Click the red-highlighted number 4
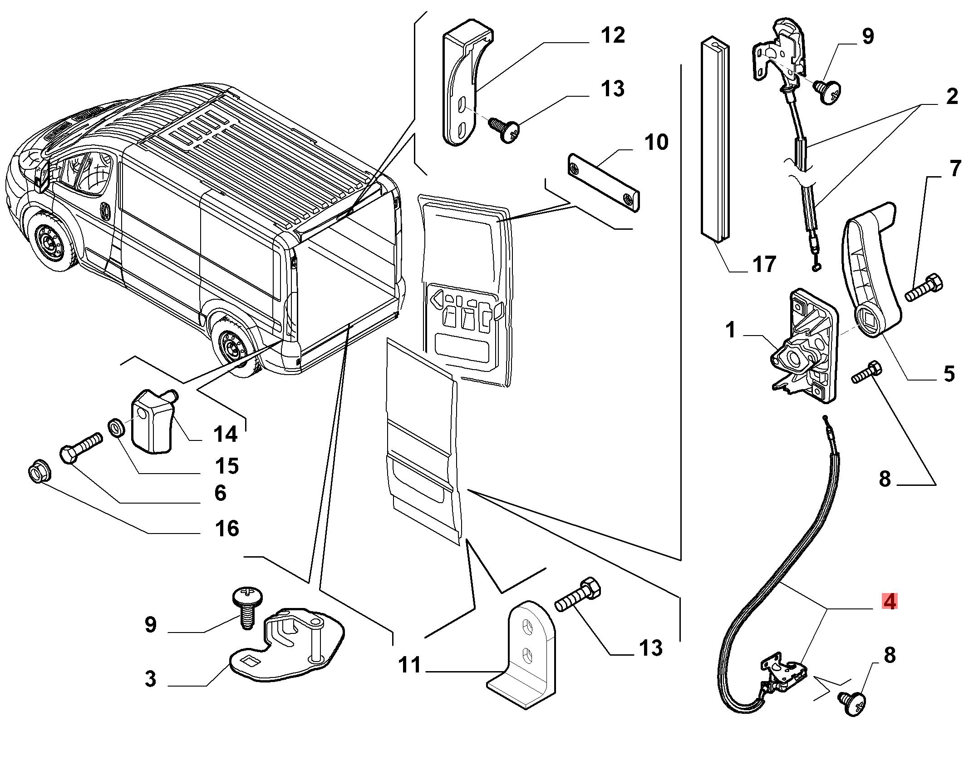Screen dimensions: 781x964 tap(890, 602)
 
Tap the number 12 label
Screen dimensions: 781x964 tap(612, 35)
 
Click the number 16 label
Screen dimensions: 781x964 tap(227, 529)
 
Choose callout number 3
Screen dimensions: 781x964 tap(150, 678)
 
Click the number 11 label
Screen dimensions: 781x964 tap(410, 665)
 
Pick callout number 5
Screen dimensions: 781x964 tap(948, 374)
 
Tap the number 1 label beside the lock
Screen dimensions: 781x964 tap(730, 330)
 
